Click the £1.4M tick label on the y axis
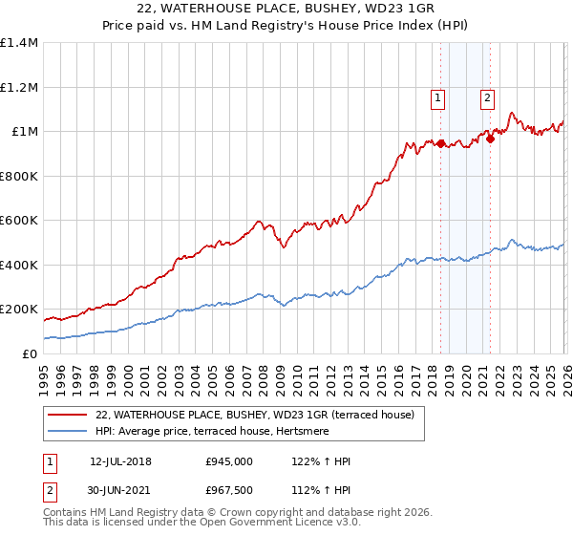(x=19, y=43)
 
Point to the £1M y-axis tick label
(x=25, y=132)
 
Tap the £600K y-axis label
(x=19, y=221)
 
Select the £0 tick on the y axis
(x=31, y=353)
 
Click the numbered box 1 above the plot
(x=437, y=96)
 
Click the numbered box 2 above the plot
(x=487, y=96)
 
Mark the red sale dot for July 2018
(x=440, y=144)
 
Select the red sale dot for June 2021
(x=490, y=139)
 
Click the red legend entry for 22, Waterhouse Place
(x=254, y=415)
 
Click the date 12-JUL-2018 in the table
(x=119, y=461)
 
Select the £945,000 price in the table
(x=229, y=461)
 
